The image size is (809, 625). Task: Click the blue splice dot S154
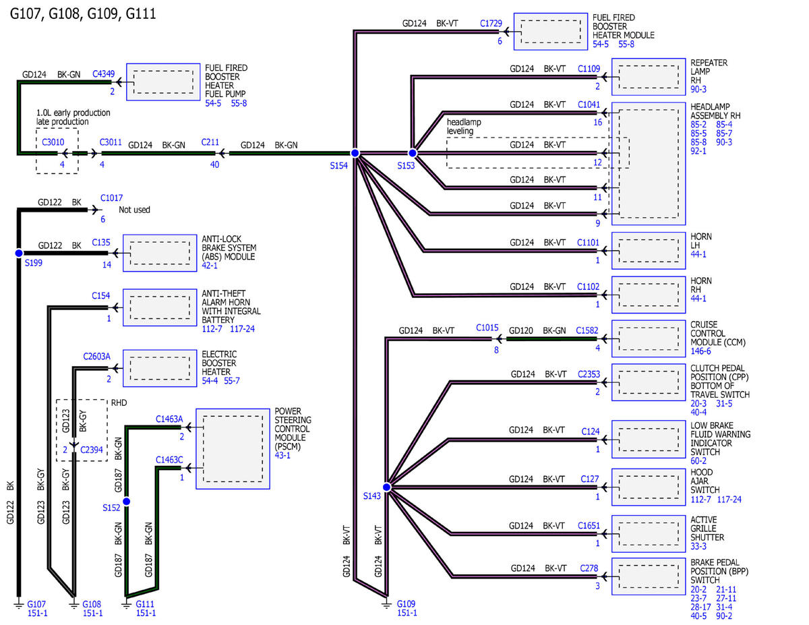click(355, 153)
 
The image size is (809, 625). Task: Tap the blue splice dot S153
click(412, 153)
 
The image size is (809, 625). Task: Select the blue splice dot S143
click(386, 487)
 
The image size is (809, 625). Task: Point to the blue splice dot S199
click(19, 253)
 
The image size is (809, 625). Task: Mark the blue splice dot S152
click(127, 502)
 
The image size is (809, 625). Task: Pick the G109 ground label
click(406, 604)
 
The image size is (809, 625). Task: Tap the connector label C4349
click(104, 73)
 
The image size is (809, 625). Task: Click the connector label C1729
click(491, 24)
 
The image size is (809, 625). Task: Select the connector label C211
click(210, 142)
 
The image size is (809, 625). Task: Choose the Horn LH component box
click(648, 251)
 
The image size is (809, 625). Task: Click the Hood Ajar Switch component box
click(648, 487)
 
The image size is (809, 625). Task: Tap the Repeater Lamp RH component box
click(648, 77)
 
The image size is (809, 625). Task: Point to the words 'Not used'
click(134, 210)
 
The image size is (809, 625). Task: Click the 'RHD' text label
click(119, 403)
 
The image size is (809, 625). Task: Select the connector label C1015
click(487, 328)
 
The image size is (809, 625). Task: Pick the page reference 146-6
click(700, 351)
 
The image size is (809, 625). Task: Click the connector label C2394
click(91, 450)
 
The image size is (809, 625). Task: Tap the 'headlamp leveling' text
click(464, 127)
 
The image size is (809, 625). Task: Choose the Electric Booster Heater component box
click(160, 368)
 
